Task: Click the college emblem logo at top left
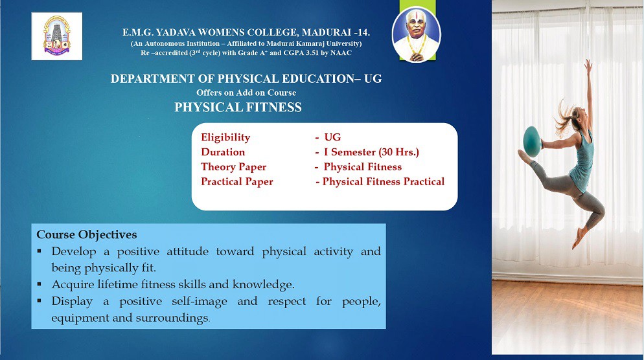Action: (56, 36)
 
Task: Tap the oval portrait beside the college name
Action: (416, 34)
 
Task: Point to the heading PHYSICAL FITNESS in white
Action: (238, 107)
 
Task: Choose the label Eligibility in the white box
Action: (225, 137)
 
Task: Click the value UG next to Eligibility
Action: (332, 137)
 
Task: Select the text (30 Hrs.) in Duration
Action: (399, 152)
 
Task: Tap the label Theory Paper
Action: (234, 166)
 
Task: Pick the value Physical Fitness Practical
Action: (383, 181)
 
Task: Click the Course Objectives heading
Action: (87, 234)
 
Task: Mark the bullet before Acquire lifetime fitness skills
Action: (39, 284)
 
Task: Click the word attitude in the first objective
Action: (187, 251)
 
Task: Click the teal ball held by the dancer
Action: (532, 141)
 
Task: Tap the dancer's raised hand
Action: (588, 65)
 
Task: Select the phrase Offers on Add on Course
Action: (246, 93)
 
